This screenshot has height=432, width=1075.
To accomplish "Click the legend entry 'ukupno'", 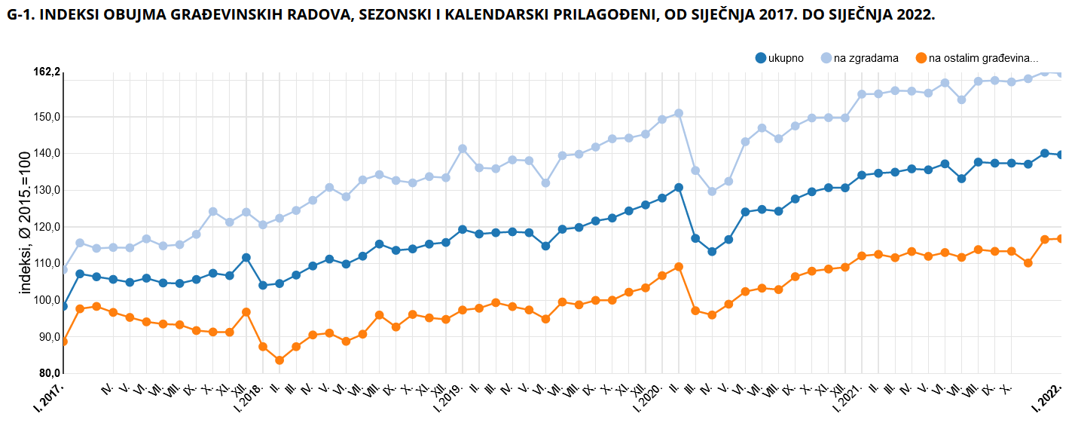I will [786, 58].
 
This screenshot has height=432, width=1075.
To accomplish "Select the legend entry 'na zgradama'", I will [866, 58].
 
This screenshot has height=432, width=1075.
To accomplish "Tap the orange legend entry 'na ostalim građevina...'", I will [982, 58].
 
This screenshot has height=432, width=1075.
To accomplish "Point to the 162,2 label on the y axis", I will [46, 72].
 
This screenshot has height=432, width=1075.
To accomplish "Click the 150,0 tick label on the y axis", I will [47, 117].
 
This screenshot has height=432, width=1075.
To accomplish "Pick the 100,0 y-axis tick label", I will [47, 300].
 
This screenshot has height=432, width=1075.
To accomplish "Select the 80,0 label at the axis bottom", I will [49, 373].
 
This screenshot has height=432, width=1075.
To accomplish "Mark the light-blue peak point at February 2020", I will [679, 113].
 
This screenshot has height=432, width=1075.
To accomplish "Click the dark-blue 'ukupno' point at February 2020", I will [679, 188].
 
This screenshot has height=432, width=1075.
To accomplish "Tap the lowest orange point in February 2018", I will [279, 360].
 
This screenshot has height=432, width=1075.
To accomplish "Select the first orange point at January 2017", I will [63, 342].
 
